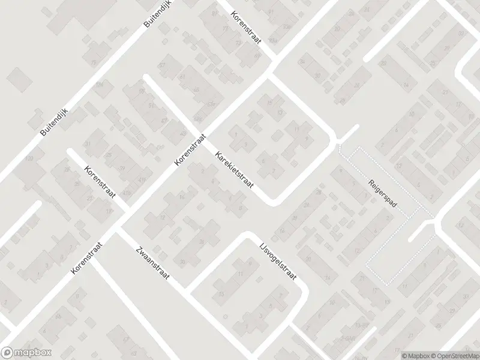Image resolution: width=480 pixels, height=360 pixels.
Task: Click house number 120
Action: pos(29,158)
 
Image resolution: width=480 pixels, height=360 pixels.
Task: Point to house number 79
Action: pos(93,62)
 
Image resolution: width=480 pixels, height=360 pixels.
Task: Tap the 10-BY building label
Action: pos(361,325)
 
